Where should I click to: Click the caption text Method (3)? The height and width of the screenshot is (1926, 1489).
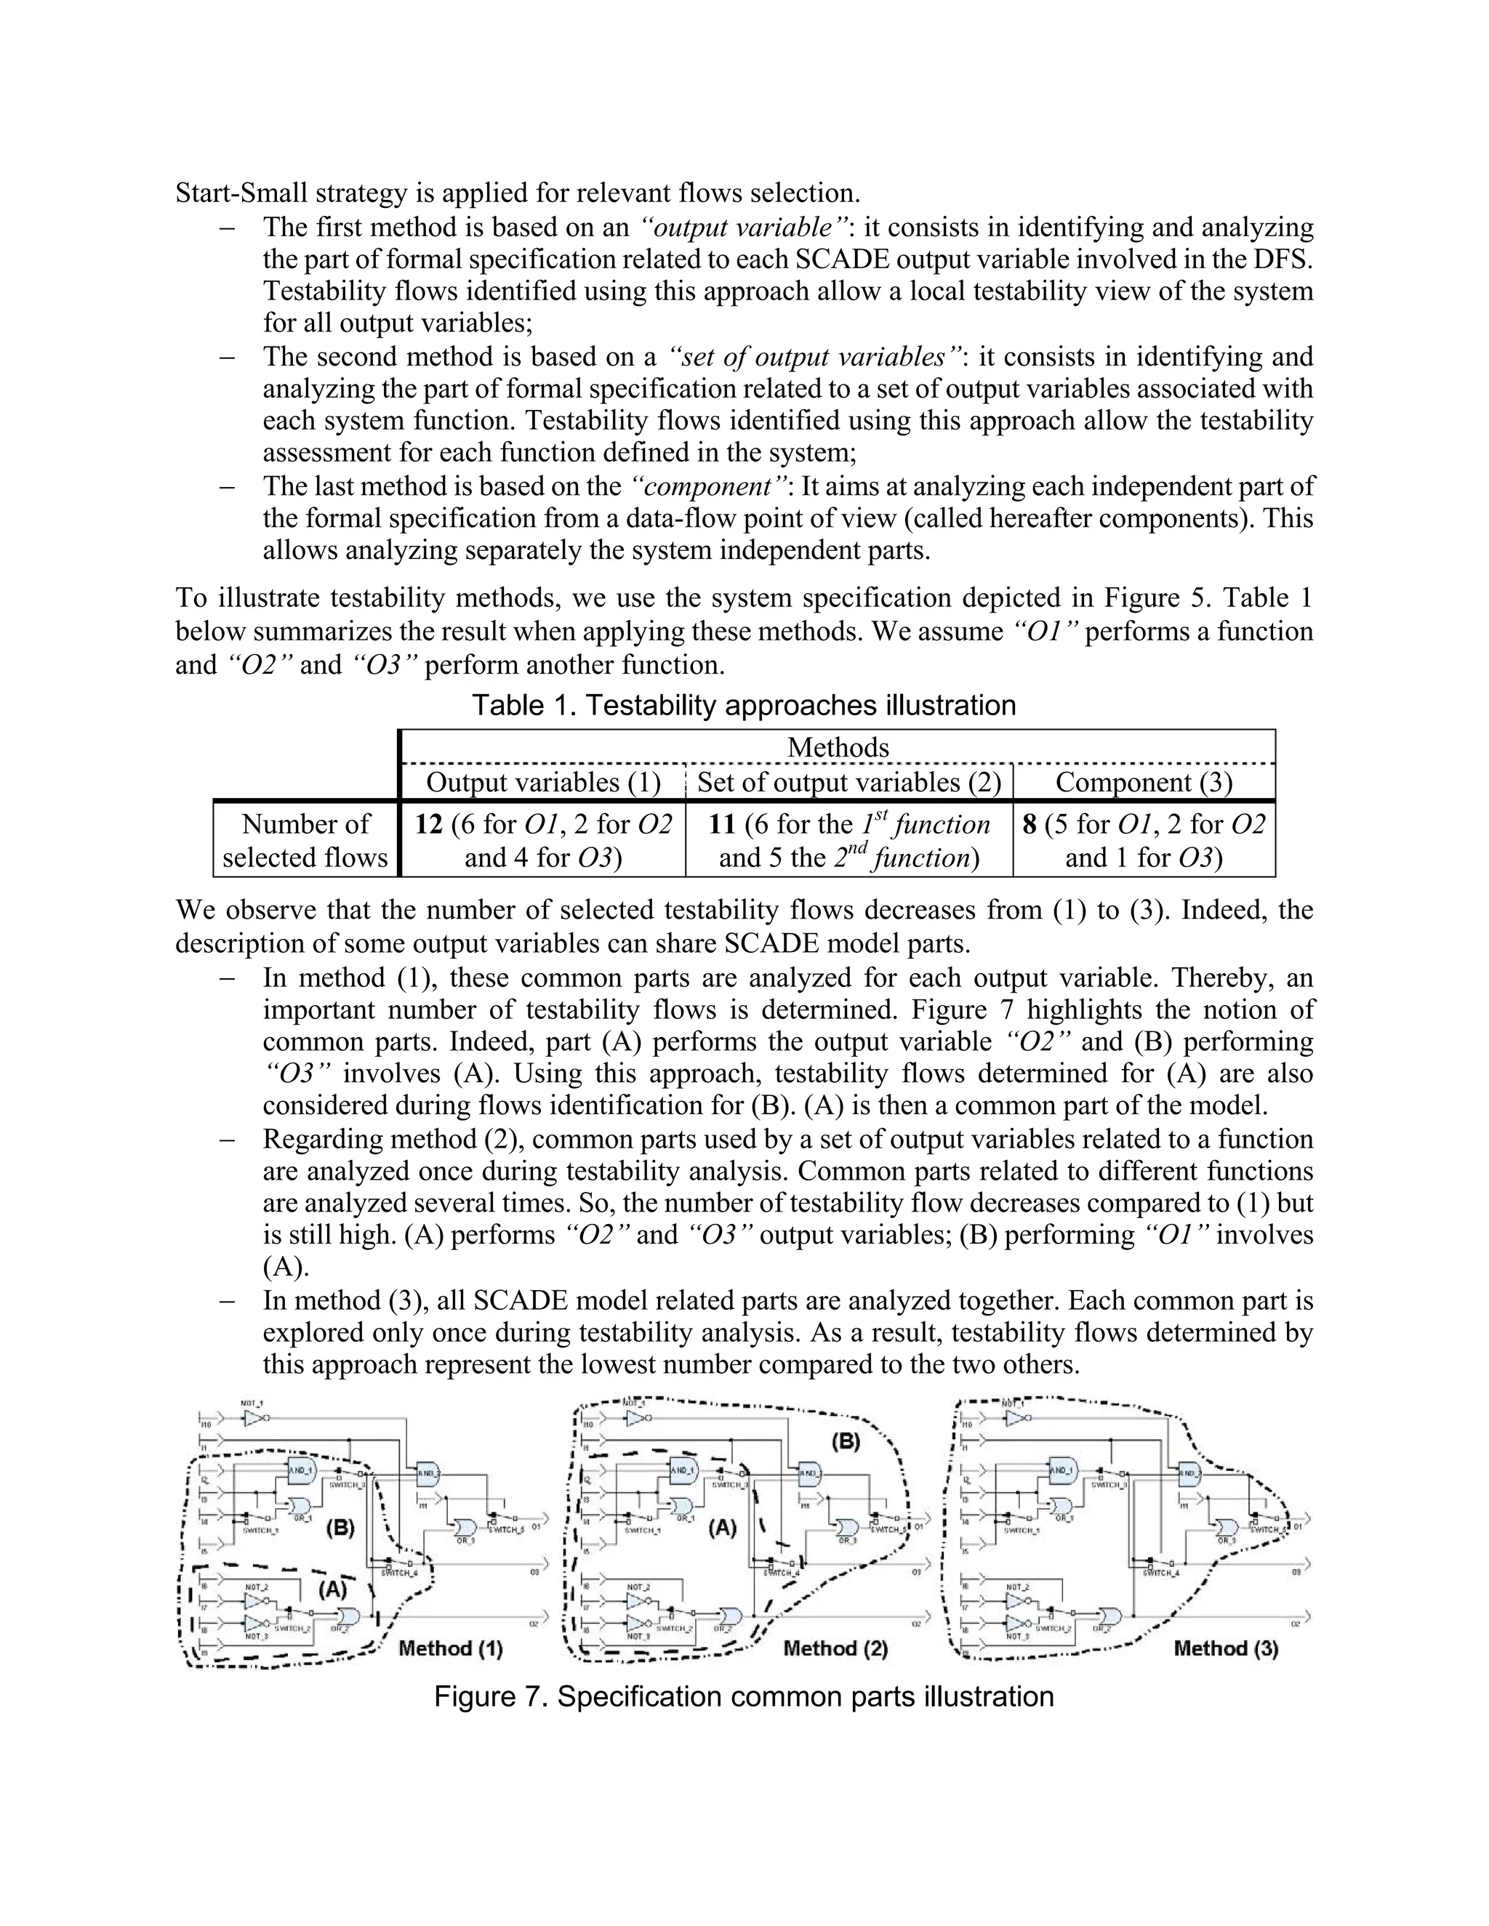click(1225, 1648)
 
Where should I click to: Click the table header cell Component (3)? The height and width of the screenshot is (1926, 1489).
click(1143, 782)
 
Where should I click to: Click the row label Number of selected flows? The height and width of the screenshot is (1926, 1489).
click(305, 840)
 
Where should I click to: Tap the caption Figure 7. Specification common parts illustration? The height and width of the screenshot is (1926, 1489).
click(744, 1696)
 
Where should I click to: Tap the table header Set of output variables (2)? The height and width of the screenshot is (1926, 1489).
click(848, 782)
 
